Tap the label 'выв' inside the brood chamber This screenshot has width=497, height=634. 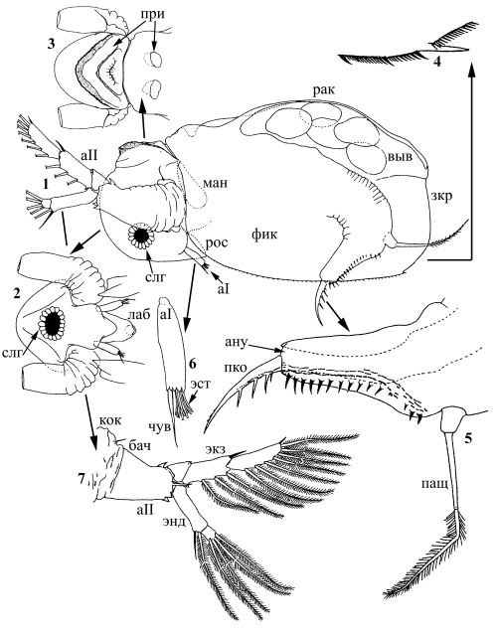tap(401, 157)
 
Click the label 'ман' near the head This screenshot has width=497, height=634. tap(215, 183)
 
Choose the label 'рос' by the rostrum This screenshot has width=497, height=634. tap(217, 243)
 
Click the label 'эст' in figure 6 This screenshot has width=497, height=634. tap(201, 384)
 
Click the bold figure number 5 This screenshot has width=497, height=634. tap(468, 438)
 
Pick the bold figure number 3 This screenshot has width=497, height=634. tap(51, 44)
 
